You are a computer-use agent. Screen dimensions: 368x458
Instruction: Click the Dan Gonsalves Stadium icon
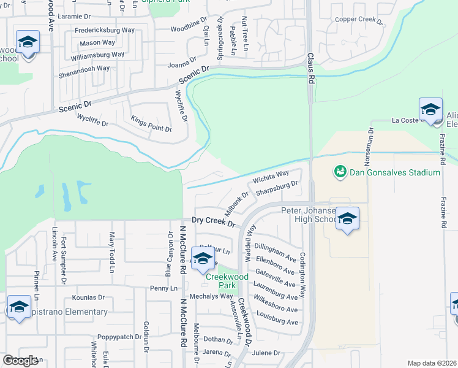(x=340, y=172)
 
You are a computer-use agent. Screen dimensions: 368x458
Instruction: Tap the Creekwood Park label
(x=227, y=281)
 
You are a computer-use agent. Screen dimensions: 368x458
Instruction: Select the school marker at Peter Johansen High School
(x=347, y=219)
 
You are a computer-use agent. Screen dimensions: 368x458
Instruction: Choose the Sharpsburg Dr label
(x=277, y=188)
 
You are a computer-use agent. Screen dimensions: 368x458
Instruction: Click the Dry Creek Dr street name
(x=213, y=221)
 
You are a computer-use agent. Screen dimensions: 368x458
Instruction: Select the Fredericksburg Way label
(x=105, y=29)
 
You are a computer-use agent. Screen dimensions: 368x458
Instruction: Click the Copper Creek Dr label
(x=359, y=20)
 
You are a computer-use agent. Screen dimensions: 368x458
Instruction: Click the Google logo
(x=21, y=361)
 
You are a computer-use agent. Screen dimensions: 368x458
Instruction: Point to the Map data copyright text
(x=432, y=363)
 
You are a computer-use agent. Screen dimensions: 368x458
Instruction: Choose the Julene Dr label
(x=265, y=353)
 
